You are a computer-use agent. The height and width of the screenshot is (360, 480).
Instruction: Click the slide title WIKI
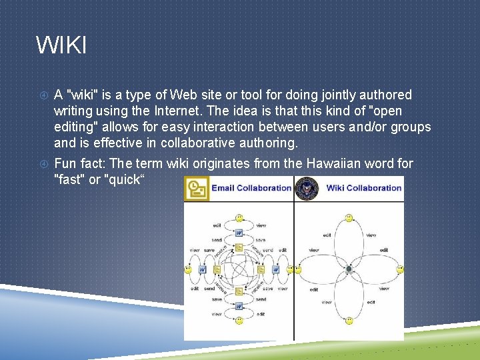pos(61,46)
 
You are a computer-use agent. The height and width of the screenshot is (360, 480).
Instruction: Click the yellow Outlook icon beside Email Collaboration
pos(196,189)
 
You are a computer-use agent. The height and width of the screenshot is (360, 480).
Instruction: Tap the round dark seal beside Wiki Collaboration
pos(307,189)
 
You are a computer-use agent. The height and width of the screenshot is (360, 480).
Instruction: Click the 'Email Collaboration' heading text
pos(251,188)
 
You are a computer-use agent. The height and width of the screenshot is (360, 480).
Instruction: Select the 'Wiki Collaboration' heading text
pos(364,188)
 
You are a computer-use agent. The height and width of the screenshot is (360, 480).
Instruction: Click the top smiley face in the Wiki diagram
pos(349,218)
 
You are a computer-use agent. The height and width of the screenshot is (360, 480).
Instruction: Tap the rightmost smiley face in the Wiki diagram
pos(399,269)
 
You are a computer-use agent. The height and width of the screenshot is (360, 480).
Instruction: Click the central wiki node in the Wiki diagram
pos(349,269)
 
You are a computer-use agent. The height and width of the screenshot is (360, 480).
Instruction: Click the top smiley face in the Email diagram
pos(239,218)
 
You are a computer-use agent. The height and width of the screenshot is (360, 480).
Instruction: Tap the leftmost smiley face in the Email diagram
pos(188,269)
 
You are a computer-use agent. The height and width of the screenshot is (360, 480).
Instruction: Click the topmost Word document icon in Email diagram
pos(239,233)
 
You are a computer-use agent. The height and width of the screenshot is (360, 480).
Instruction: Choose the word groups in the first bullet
pos(411,127)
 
